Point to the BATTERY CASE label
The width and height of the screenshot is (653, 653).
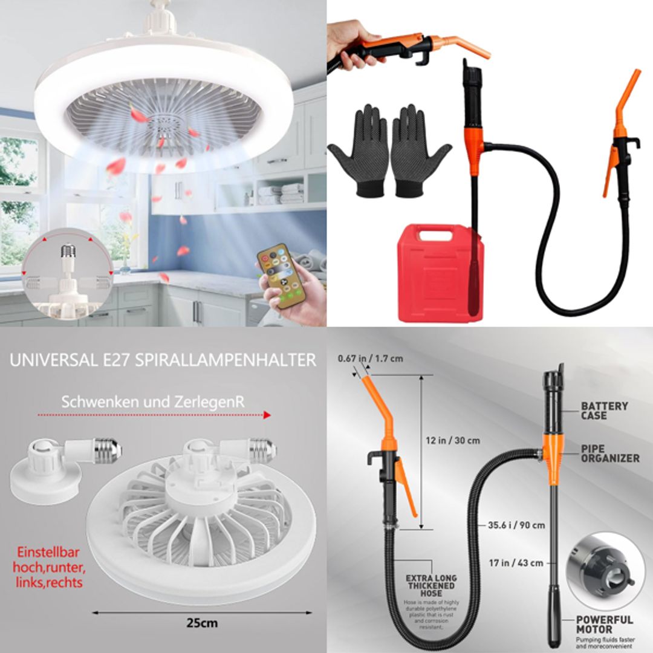pyautogui.click(x=604, y=411)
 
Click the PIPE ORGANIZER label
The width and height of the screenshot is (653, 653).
pyautogui.click(x=609, y=453)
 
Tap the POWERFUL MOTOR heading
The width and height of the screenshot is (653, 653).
pyautogui.click(x=604, y=624)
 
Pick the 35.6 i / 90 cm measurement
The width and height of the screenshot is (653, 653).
pyautogui.click(x=516, y=525)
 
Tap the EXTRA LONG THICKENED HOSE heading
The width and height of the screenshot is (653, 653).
pyautogui.click(x=431, y=585)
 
